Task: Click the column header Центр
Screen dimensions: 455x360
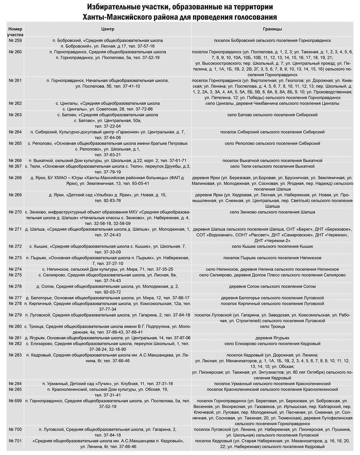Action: pos(108,29)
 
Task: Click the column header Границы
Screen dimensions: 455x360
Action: pos(273,29)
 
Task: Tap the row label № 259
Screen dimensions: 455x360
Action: pos(15,41)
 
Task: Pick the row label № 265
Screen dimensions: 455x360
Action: pos(15,143)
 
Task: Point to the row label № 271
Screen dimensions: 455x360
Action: pos(15,229)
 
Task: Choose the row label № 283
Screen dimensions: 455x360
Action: pos(15,355)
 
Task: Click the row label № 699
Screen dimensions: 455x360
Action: pos(15,401)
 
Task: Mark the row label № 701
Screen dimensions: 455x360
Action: pos(15,441)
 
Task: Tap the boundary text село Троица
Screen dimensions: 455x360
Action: pos(272,326)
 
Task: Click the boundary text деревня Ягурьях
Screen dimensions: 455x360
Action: pos(272,338)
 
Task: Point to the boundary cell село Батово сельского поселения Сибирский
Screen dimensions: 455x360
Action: pos(272,115)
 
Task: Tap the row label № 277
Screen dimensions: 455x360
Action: pos(15,298)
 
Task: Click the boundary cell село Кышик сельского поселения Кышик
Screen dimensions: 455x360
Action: pos(272,246)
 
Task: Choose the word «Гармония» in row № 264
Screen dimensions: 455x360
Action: pos(120,132)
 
